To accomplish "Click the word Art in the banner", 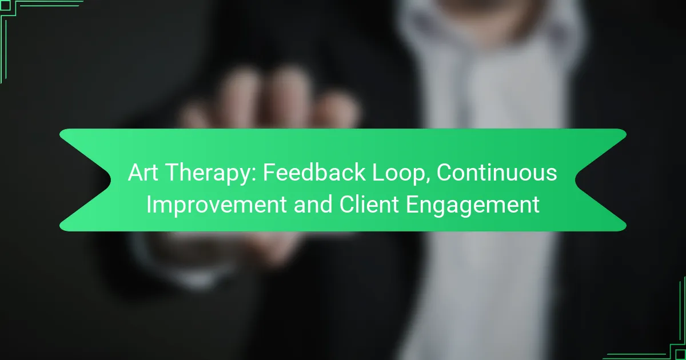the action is coord(143,173).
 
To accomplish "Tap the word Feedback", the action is coord(314,172).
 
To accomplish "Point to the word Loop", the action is coord(398,174).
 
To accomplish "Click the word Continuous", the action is coord(497,173).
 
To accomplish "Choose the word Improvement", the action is coord(216,205).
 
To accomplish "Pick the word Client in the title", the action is coord(369,203).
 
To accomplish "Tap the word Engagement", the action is coord(473,206).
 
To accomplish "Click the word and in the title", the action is coord(313,203).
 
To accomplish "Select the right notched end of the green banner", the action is coord(576,180).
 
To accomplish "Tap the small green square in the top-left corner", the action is coord(5,5).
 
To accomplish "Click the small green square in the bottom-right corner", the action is coord(681,355).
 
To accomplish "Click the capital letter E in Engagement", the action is coord(412,204).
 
